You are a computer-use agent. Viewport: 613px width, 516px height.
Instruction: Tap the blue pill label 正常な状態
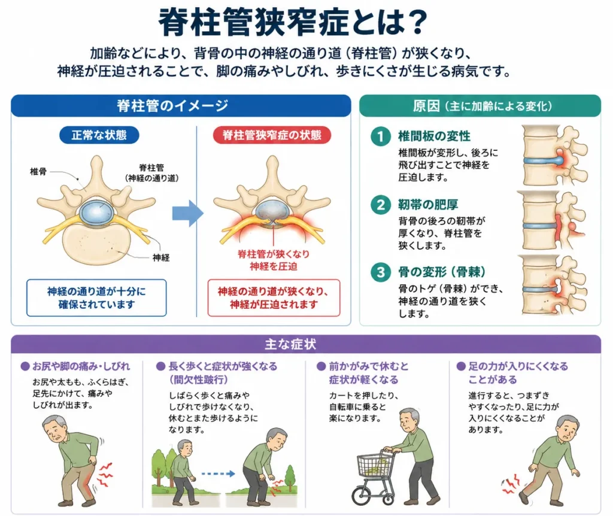coord(99,135)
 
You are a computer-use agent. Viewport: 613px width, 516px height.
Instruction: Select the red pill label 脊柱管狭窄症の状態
coord(272,135)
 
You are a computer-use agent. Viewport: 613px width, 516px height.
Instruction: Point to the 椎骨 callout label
coord(38,171)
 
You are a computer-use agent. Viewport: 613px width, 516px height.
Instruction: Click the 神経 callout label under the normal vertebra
coord(161,257)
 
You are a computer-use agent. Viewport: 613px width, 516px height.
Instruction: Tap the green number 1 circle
coord(380,136)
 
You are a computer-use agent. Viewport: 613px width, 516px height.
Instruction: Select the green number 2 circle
coord(380,205)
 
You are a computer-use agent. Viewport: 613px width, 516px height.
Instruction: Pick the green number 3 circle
coord(380,272)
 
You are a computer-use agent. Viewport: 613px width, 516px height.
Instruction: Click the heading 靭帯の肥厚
coord(428,205)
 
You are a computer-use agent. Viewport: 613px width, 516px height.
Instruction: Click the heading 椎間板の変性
coord(434,136)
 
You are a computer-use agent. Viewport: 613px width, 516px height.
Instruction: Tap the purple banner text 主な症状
coord(290,344)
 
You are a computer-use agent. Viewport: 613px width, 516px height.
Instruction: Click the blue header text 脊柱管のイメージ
coord(172,105)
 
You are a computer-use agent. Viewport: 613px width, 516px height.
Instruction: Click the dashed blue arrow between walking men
coord(218,473)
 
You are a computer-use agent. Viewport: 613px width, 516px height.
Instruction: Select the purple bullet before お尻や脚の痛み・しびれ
coord(25,366)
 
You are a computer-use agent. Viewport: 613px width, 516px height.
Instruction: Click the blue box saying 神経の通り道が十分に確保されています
coord(96,298)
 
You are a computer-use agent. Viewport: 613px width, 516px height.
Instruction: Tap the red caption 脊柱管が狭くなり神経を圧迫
coord(273,260)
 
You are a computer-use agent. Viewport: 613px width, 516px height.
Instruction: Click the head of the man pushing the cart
coord(409,420)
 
